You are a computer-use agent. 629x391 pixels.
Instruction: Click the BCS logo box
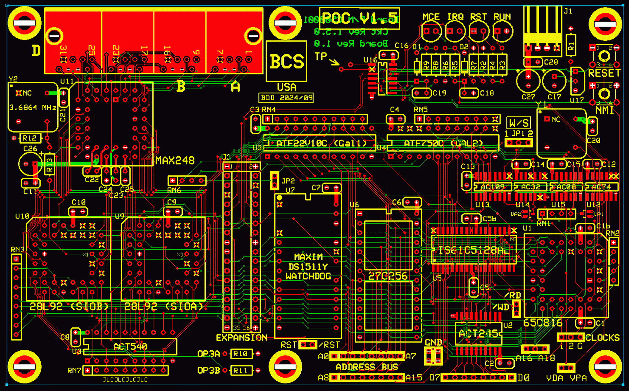coord(286,61)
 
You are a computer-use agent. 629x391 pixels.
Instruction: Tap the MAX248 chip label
coord(175,161)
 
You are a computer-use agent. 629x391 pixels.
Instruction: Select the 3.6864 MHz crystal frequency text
coord(33,108)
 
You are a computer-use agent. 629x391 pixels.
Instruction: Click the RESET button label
coord(604,73)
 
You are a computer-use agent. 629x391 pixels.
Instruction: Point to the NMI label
coord(604,110)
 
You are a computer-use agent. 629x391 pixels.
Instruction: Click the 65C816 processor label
coord(543,323)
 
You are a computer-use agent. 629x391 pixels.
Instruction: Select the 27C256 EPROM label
coord(388,276)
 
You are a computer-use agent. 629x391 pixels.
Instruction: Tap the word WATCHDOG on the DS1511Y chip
coord(308,276)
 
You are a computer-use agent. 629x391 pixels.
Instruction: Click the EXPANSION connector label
coord(241,338)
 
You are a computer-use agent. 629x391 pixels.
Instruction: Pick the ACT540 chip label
coord(130,346)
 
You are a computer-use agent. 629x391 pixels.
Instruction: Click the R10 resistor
coord(241,354)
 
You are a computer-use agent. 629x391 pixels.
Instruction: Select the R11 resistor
coord(241,370)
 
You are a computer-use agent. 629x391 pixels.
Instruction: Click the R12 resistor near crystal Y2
coord(29,138)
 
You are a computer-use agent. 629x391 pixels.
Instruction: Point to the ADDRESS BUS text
coord(367,367)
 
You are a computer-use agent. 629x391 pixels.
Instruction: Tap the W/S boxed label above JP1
coord(518,123)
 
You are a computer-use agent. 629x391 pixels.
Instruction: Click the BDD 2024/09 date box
coord(286,98)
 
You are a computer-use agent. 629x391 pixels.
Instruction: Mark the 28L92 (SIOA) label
coord(163,306)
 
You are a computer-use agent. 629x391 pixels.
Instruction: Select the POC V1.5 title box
coord(359,18)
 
